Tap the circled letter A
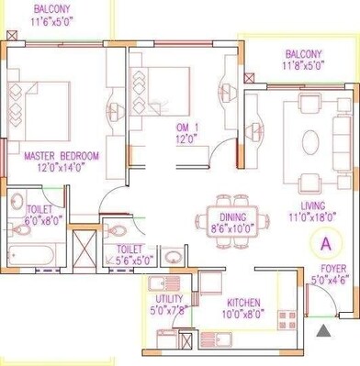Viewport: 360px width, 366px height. click(x=324, y=243)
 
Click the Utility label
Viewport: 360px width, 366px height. click(x=170, y=299)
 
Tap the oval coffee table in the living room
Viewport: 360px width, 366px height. click(x=310, y=139)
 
